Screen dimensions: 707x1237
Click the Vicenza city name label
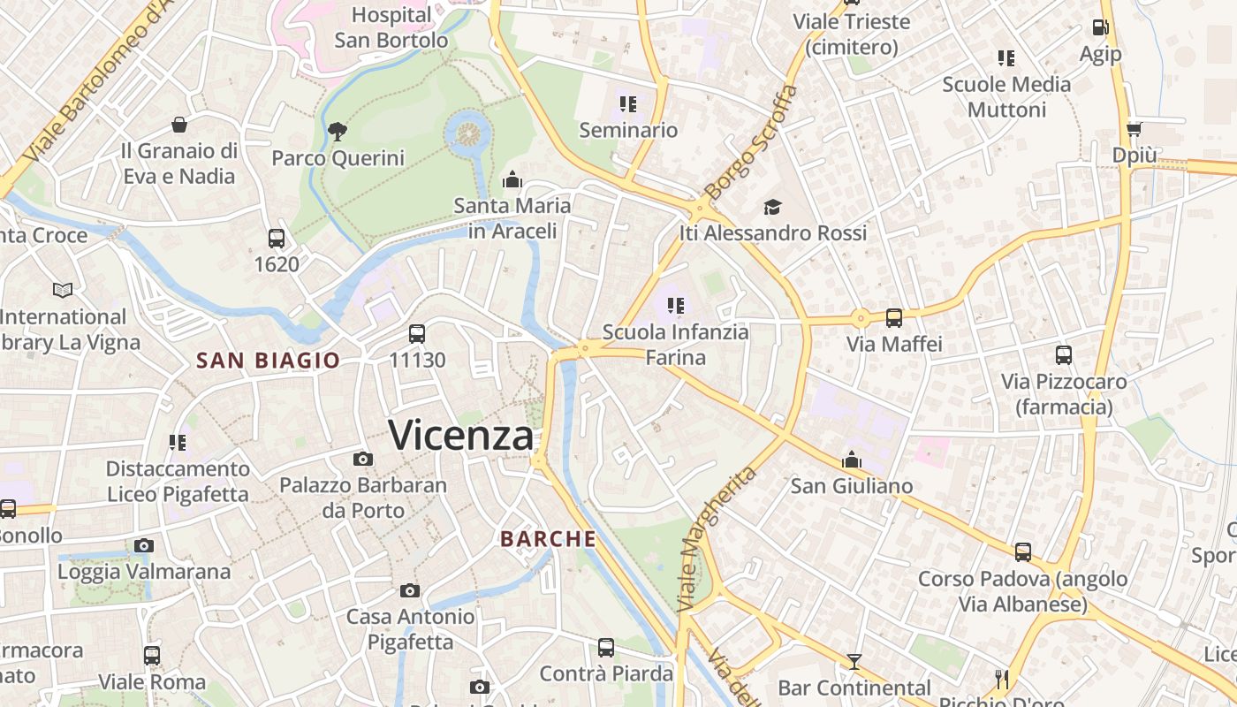pos(461,436)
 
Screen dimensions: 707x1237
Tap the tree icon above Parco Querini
pos(337,133)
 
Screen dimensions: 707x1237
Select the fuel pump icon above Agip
pos(1100,27)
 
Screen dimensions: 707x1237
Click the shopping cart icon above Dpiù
pos(1135,129)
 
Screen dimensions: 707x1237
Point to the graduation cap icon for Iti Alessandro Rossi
pos(773,207)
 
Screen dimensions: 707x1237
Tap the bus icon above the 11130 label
pos(417,334)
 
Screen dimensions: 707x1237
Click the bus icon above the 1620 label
pos(277,238)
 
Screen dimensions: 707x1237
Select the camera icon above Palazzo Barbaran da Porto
pos(362,459)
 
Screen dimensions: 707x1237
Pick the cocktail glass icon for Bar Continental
pos(854,661)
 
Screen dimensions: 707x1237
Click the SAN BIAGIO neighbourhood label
pos(268,361)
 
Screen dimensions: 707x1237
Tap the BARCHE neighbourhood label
pos(548,538)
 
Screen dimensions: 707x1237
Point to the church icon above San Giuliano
pos(852,460)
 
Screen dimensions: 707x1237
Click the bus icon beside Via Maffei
pos(894,318)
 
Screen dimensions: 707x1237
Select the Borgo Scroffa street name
pos(751,141)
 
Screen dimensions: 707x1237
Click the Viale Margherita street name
pos(717,539)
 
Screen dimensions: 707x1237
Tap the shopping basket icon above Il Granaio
pos(179,125)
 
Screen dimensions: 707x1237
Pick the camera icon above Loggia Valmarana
pos(144,545)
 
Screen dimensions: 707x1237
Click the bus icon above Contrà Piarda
pos(606,648)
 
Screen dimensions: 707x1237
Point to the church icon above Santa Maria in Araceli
pos(512,180)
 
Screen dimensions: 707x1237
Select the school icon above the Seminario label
pos(628,104)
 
